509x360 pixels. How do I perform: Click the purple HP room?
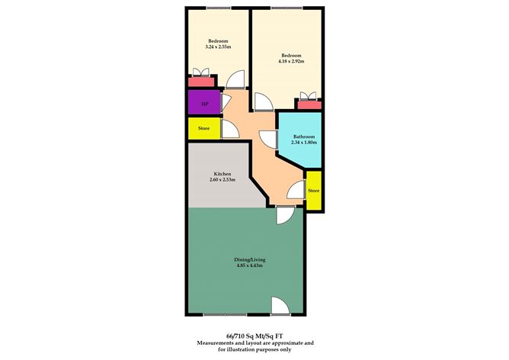click(x=204, y=102)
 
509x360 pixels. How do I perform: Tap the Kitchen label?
click(x=222, y=174)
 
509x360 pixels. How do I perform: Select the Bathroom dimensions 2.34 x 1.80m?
click(x=304, y=143)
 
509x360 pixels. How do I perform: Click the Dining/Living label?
click(x=250, y=259)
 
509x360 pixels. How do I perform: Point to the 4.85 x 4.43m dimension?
click(x=250, y=265)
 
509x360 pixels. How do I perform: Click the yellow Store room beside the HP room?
click(x=204, y=128)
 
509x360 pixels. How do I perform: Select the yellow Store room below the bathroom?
click(x=314, y=191)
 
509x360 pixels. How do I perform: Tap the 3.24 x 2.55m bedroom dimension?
click(x=218, y=47)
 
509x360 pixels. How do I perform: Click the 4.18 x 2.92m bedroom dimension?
click(x=291, y=61)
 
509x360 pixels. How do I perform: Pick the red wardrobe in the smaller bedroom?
click(x=201, y=82)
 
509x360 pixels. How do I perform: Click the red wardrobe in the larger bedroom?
click(x=309, y=105)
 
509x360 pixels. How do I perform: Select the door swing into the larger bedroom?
click(x=264, y=101)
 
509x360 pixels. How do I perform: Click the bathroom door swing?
click(x=268, y=140)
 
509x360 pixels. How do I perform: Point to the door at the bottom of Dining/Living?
click(x=280, y=306)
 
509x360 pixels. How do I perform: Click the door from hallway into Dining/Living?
click(x=285, y=215)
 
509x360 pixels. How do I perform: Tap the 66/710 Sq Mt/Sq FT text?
click(x=254, y=336)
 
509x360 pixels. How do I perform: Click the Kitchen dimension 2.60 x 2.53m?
click(x=222, y=179)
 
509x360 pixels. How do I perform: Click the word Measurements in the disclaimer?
click(x=213, y=342)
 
